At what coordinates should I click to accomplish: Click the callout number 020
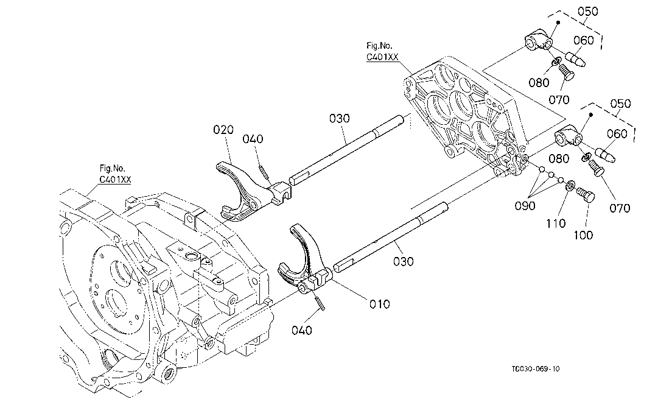pyautogui.click(x=223, y=129)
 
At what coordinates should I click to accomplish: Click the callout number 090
pyautogui.click(x=525, y=206)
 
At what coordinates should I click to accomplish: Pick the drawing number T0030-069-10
pyautogui.click(x=535, y=368)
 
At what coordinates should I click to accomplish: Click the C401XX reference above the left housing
pyautogui.click(x=115, y=180)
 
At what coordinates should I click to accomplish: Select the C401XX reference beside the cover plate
pyautogui.click(x=382, y=57)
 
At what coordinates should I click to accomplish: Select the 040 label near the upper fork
pyautogui.click(x=253, y=139)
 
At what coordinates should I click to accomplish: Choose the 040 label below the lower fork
pyautogui.click(x=301, y=330)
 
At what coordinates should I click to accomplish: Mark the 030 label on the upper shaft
pyautogui.click(x=340, y=118)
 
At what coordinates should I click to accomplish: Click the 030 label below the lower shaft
pyautogui.click(x=403, y=261)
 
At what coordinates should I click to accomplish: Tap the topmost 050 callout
pyautogui.click(x=588, y=12)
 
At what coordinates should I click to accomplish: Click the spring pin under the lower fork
pyautogui.click(x=320, y=301)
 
